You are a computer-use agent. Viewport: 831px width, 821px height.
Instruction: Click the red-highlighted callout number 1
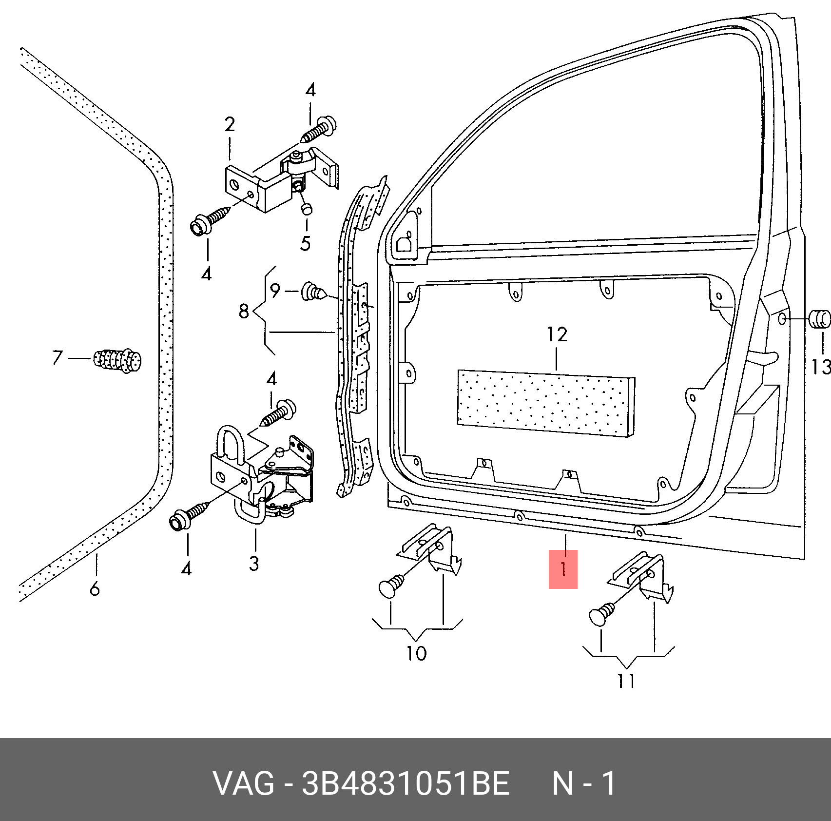[x=563, y=569]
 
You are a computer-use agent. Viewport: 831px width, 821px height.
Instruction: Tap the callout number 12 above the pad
[x=557, y=334]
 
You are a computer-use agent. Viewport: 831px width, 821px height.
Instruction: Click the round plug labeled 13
[x=819, y=319]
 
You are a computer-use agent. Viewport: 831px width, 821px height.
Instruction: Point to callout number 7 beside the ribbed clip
[x=57, y=357]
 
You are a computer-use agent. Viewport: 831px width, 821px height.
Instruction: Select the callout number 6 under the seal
[x=95, y=589]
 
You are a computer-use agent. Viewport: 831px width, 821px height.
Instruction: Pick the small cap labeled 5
[x=307, y=209]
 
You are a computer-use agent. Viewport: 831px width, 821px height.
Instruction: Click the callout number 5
[x=306, y=243]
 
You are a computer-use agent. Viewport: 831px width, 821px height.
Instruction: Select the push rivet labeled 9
[x=314, y=292]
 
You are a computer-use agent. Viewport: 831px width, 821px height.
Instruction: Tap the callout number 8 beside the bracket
[x=244, y=311]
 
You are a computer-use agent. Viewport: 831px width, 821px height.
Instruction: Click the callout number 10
[x=417, y=653]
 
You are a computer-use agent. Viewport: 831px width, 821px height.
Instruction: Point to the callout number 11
[x=627, y=681]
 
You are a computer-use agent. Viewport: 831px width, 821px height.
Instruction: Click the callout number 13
[x=821, y=367]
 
